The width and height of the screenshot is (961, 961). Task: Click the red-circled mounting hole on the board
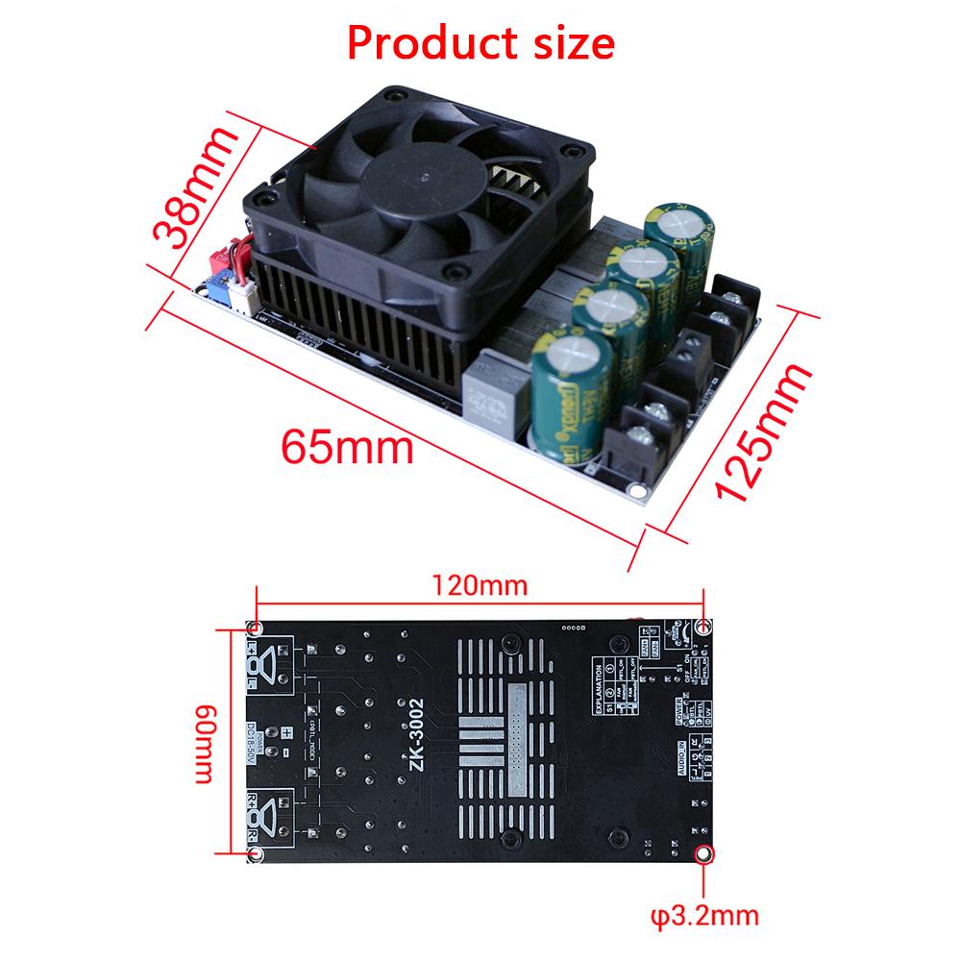[x=705, y=852]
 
